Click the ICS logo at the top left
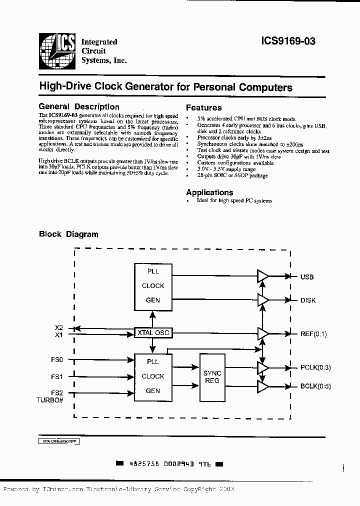[57, 50]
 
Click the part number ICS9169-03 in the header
[288, 42]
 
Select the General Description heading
[79, 106]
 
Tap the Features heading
[203, 107]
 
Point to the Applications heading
[209, 192]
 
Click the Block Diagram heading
[68, 234]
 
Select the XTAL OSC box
[152, 332]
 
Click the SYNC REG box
[212, 376]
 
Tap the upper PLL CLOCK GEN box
[152, 285]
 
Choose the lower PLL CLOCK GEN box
[152, 376]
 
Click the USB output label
[306, 277]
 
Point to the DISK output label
[307, 300]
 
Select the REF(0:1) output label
[313, 334]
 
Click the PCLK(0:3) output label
[315, 367]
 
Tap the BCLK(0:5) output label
[315, 386]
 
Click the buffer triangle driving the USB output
[262, 276]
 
